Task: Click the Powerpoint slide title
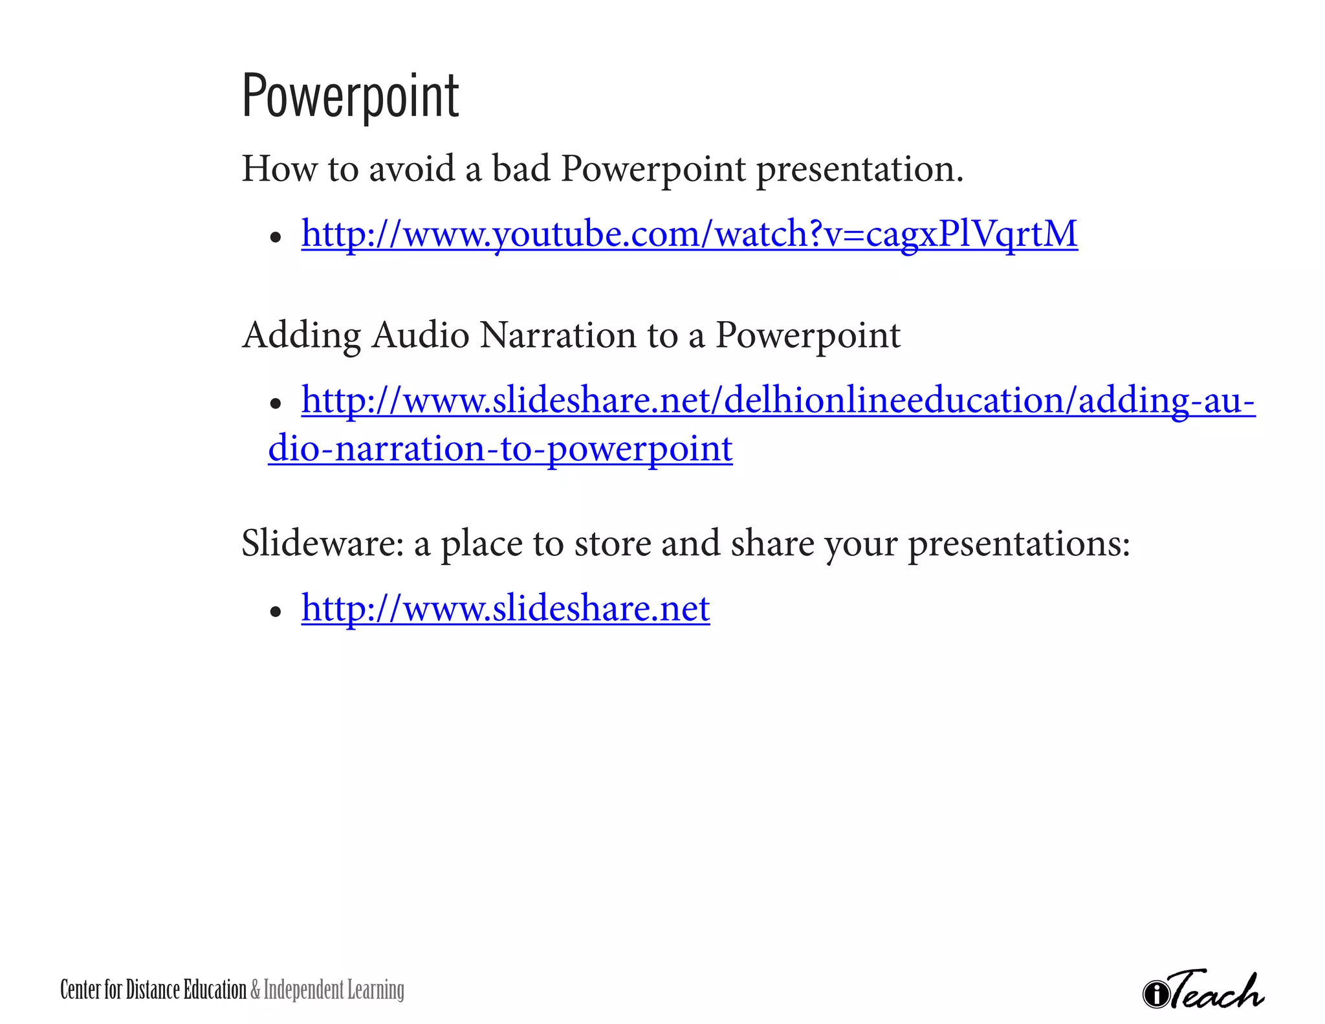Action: [x=350, y=97]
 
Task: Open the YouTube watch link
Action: [x=689, y=234]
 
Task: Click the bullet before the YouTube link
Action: [x=276, y=238]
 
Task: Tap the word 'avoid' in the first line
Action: [x=411, y=169]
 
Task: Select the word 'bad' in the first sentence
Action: [x=521, y=169]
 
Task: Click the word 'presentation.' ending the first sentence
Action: [x=859, y=170]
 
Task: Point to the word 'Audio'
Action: [x=421, y=335]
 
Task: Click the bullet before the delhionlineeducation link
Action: [x=276, y=405]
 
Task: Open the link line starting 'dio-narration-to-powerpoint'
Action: [x=500, y=449]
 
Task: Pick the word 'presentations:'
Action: [x=1019, y=544]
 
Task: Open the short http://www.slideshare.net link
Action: [x=505, y=608]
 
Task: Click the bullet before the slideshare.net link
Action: [x=276, y=612]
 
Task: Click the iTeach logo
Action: [x=1204, y=990]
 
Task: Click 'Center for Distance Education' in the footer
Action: [x=153, y=990]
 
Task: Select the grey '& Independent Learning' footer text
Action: [x=327, y=990]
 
